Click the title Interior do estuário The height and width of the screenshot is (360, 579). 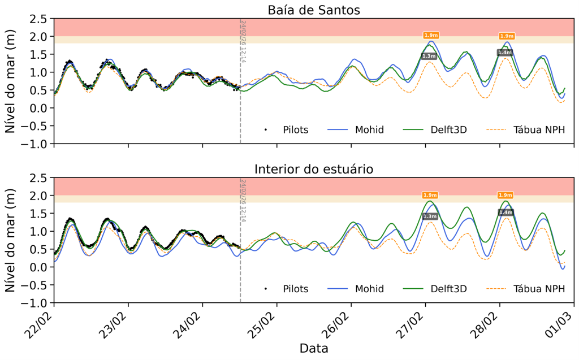tap(314, 169)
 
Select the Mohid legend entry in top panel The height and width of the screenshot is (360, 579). tap(369, 130)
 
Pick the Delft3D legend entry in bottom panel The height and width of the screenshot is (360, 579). tap(447, 289)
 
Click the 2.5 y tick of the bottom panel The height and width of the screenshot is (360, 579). tap(37, 178)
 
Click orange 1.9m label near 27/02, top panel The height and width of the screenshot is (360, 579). tap(431, 35)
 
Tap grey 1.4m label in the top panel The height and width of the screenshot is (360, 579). tap(504, 53)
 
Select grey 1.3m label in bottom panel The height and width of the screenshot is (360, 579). tap(430, 216)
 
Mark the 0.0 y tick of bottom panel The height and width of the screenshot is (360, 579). tap(37, 267)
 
